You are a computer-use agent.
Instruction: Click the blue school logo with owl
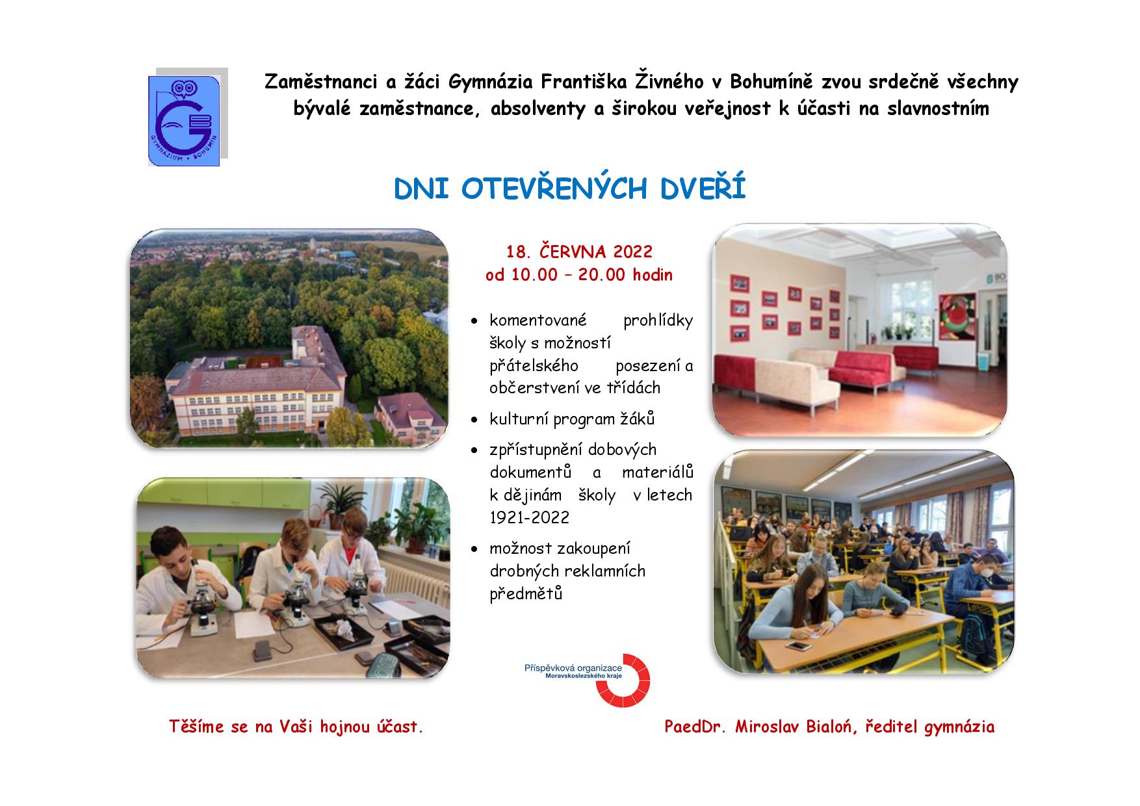(185, 121)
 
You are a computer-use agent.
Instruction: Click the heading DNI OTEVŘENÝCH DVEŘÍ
(570, 189)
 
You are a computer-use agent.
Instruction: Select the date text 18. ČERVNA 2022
(579, 251)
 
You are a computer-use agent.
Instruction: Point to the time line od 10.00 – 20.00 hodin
(579, 275)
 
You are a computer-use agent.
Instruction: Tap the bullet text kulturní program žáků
(572, 419)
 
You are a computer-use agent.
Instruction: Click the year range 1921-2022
(530, 517)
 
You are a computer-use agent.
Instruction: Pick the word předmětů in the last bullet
(526, 593)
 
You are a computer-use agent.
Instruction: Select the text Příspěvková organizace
(573, 668)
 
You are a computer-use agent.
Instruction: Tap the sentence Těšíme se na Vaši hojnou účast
(296, 727)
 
